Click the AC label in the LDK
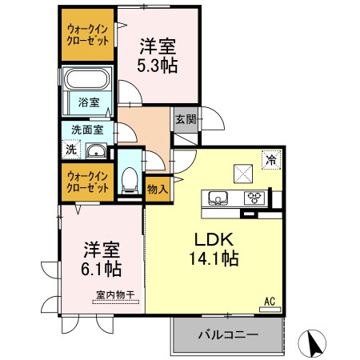(270, 301)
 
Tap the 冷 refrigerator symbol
(271, 159)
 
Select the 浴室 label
(88, 102)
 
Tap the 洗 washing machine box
(70, 149)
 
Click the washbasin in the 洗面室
(96, 151)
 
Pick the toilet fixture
(128, 179)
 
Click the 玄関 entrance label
(184, 118)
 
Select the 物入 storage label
(158, 189)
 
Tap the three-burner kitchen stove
(254, 198)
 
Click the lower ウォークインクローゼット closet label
(88, 181)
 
